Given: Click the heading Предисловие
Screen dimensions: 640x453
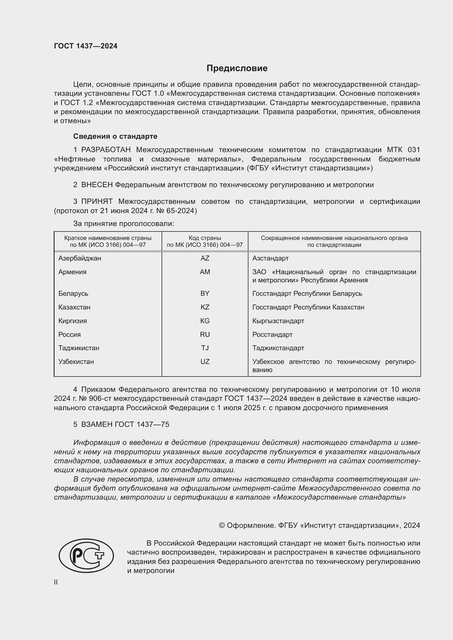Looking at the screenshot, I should [237, 68].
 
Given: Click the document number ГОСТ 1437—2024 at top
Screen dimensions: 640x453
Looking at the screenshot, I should [86, 46].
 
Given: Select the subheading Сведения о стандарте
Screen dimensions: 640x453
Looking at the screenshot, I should [115, 136].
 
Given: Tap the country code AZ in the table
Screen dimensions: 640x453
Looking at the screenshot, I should [205, 258].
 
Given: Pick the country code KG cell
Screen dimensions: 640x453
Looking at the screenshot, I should [205, 321].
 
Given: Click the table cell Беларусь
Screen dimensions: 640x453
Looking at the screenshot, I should [73, 294].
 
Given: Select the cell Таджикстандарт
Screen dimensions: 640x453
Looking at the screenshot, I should [278, 348].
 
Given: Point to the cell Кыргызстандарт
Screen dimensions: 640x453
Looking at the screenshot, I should [278, 321].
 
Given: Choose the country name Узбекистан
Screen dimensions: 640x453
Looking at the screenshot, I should [76, 361].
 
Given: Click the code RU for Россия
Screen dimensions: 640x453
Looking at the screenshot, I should [205, 334].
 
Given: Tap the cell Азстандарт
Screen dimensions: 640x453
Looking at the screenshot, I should [270, 258].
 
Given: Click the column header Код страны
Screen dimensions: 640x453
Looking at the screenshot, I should [205, 238].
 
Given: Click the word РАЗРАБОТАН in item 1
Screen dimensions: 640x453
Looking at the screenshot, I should [106, 150].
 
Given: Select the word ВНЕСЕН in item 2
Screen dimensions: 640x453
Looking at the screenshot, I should [97, 185].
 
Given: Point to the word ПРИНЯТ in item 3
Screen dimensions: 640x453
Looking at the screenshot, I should [97, 202].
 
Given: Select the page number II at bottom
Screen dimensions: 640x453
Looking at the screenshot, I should [56, 582].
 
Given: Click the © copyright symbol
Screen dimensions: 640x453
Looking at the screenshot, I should [222, 525].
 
